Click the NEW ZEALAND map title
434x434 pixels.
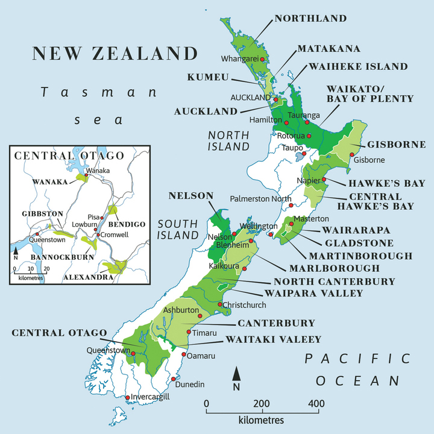(115, 53)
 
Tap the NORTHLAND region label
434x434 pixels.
(310, 19)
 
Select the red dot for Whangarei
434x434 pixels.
(271, 59)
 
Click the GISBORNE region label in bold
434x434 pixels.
(396, 145)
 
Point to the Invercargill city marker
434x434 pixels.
(127, 397)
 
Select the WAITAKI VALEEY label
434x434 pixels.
(273, 339)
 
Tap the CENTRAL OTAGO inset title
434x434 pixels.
(69, 156)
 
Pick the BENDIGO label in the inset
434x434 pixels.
(127, 224)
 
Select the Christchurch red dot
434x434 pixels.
(220, 304)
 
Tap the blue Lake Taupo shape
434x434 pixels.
(300, 157)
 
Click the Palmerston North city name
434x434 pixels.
(260, 198)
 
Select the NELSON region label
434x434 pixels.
(191, 196)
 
